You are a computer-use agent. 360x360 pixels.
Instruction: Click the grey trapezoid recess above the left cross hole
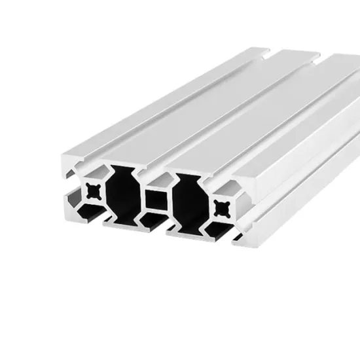pos(94,171)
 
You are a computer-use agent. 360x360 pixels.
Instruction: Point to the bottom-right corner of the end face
pos(240,243)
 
